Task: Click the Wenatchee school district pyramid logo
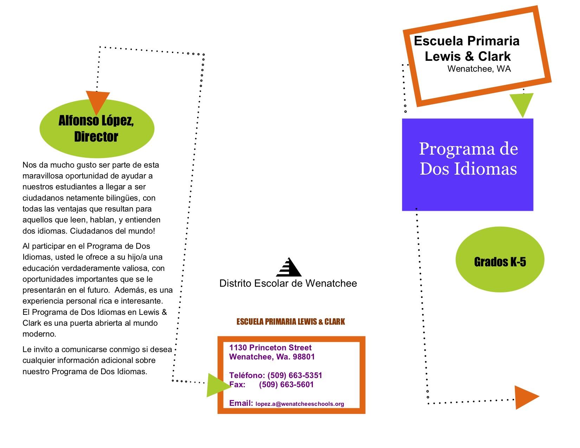click(x=289, y=267)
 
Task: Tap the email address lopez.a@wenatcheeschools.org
click(x=300, y=404)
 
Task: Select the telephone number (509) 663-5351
click(x=295, y=375)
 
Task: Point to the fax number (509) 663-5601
click(x=286, y=384)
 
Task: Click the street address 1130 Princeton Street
click(x=270, y=348)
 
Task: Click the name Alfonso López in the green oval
click(x=96, y=121)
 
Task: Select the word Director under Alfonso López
click(x=96, y=137)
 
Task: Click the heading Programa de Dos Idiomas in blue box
click(x=468, y=158)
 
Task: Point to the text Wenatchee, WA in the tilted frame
click(x=479, y=69)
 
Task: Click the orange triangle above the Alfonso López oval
click(x=98, y=102)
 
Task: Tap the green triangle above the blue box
click(x=522, y=104)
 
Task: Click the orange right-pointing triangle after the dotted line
click(x=526, y=397)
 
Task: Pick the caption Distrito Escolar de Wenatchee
click(x=288, y=284)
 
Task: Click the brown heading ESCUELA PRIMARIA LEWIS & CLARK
click(x=291, y=322)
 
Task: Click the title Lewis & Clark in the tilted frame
click(x=468, y=56)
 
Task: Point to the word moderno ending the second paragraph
click(x=39, y=334)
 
